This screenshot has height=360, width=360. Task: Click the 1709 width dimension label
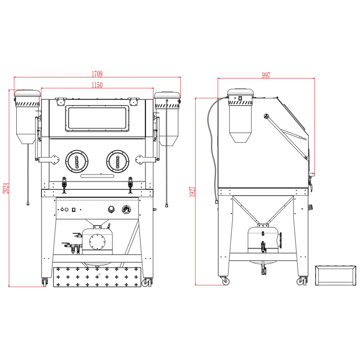(x=97, y=74)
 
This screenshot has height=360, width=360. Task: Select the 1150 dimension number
(x=97, y=85)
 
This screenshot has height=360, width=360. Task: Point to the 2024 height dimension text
(x=6, y=188)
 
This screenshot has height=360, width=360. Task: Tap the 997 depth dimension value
(x=266, y=75)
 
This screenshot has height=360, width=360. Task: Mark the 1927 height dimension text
(x=192, y=192)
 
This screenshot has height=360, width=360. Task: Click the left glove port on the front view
(x=77, y=162)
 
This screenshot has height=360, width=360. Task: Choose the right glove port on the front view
(x=118, y=162)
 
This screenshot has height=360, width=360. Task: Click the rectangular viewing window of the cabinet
(x=97, y=119)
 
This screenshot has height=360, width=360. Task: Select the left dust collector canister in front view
(x=27, y=117)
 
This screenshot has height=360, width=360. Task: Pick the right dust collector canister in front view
(x=167, y=119)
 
